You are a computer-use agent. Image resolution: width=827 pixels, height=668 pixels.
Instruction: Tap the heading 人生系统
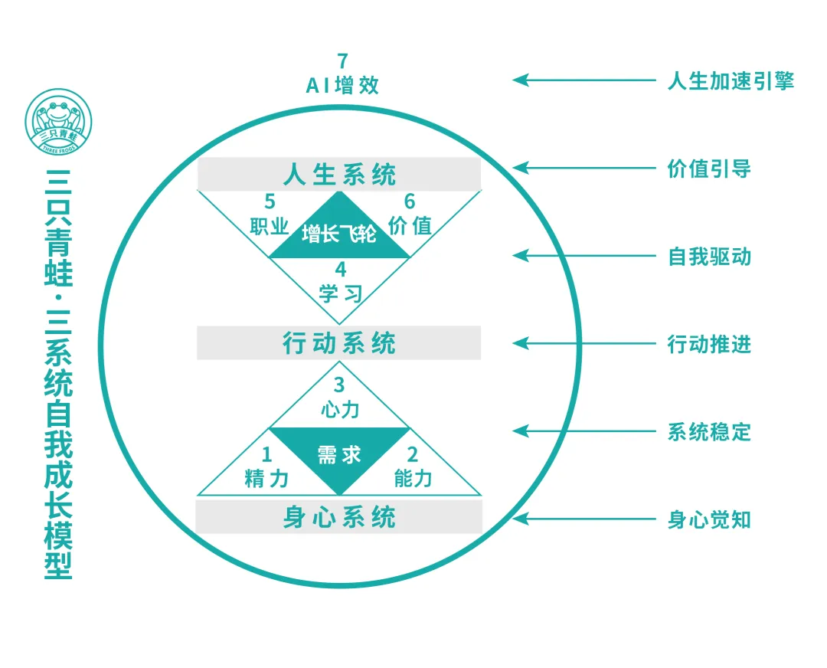tap(339, 175)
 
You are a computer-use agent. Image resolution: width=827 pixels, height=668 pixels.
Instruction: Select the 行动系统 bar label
tap(339, 343)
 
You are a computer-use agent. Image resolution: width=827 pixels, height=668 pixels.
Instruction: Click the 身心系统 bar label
tap(339, 517)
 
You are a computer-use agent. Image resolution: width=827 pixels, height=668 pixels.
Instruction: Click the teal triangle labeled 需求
tap(339, 455)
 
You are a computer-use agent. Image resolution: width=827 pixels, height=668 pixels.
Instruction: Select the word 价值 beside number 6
tap(410, 226)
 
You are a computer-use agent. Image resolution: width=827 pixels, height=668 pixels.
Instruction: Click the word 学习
tap(340, 293)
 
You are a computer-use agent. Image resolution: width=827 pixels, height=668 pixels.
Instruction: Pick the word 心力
tap(339, 409)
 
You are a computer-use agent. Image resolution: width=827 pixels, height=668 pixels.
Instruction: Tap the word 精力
tap(266, 479)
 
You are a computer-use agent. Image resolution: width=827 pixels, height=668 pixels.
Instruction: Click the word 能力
tap(413, 479)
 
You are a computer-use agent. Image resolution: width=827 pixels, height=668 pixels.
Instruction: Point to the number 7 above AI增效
tap(342, 61)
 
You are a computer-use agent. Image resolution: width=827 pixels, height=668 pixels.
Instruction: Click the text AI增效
tap(342, 85)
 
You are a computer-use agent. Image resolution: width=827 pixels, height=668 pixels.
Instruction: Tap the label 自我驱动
tap(709, 256)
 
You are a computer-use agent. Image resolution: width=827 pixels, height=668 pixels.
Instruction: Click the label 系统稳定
tap(709, 431)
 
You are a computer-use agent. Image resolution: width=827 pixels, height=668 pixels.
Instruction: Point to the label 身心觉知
tap(709, 519)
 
